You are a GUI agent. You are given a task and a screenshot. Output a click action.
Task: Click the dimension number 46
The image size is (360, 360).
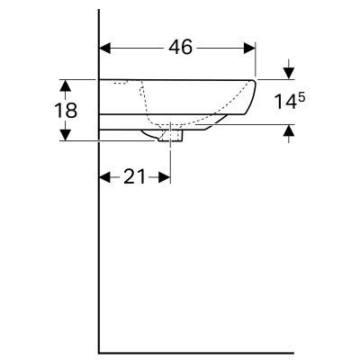pos(180,48)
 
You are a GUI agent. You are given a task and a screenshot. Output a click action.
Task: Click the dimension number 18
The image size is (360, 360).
pos(66,110)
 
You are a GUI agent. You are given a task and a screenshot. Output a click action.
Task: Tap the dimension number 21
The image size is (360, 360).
pos(135,176)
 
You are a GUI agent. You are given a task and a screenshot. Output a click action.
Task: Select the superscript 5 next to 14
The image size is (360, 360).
pos(301,98)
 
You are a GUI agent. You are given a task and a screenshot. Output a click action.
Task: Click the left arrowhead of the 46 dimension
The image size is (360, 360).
pos(105,48)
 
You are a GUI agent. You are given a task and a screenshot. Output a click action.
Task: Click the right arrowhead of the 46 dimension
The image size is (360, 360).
pos(249,48)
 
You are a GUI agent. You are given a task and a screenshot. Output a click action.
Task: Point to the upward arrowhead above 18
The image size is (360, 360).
pos(65,85)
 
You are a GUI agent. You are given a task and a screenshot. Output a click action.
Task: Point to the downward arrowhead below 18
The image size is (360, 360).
pos(65,134)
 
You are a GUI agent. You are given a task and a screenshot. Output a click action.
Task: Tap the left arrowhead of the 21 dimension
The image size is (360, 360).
pos(105,177)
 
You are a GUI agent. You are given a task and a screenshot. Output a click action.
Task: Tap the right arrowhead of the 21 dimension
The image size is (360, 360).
pos(164,177)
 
